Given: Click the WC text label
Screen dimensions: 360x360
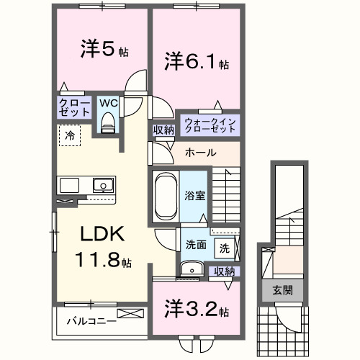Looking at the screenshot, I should tap(108, 103).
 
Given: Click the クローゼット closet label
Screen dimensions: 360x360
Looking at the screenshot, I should tap(74, 109).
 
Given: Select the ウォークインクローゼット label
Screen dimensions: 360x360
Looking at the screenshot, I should tap(209, 125).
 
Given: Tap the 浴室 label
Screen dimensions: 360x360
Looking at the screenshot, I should tap(194, 194).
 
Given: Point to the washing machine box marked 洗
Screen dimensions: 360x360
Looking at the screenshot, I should tap(225, 248).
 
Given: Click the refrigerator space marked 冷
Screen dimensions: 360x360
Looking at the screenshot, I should tap(70, 135).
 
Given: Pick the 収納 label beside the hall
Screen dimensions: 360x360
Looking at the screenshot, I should tap(163, 130).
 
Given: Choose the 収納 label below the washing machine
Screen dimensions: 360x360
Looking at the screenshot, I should tap(225, 271).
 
